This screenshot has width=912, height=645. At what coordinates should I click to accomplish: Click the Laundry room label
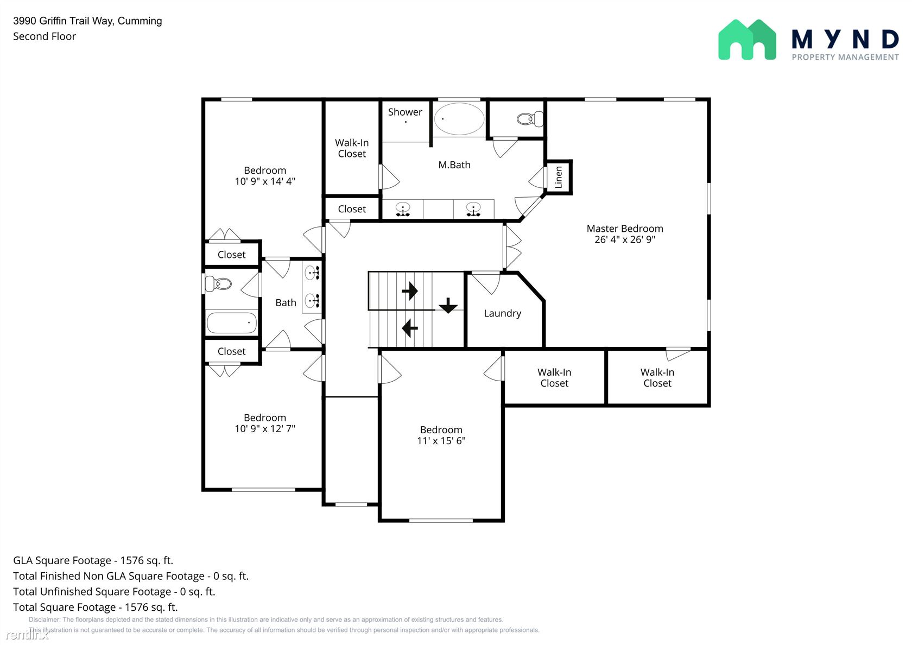point(503,314)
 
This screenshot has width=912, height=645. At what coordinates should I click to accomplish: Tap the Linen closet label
point(559,177)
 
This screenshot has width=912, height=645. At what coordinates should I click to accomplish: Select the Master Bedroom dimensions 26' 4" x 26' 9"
point(624,239)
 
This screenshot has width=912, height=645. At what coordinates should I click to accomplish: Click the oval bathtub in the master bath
point(459,118)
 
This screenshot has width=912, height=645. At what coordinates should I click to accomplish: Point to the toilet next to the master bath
point(530,119)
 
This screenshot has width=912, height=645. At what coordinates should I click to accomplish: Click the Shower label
point(405,112)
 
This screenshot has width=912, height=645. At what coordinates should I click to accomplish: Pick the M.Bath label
point(454,165)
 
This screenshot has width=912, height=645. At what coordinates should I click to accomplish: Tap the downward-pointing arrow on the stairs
point(448,305)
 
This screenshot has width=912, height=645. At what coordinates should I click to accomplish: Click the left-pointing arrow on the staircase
point(409,328)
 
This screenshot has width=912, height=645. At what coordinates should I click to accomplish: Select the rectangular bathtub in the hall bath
point(231,323)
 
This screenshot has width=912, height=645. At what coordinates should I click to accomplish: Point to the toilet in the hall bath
point(218,283)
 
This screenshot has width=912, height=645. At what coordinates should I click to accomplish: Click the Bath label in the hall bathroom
point(286,302)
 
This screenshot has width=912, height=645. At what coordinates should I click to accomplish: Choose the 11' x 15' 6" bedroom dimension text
point(441,441)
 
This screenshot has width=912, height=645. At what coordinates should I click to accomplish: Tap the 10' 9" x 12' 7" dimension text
point(265,428)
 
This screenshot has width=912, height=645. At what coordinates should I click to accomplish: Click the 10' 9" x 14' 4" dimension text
point(265,181)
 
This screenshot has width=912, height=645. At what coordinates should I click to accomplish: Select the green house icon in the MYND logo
point(747,40)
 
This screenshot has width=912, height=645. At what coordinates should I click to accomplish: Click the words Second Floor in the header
point(45,36)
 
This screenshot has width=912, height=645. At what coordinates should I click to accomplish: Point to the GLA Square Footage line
point(93,560)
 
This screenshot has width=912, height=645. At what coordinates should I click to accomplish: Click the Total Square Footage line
point(96,607)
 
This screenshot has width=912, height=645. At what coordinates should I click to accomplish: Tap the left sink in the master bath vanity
point(403,210)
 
